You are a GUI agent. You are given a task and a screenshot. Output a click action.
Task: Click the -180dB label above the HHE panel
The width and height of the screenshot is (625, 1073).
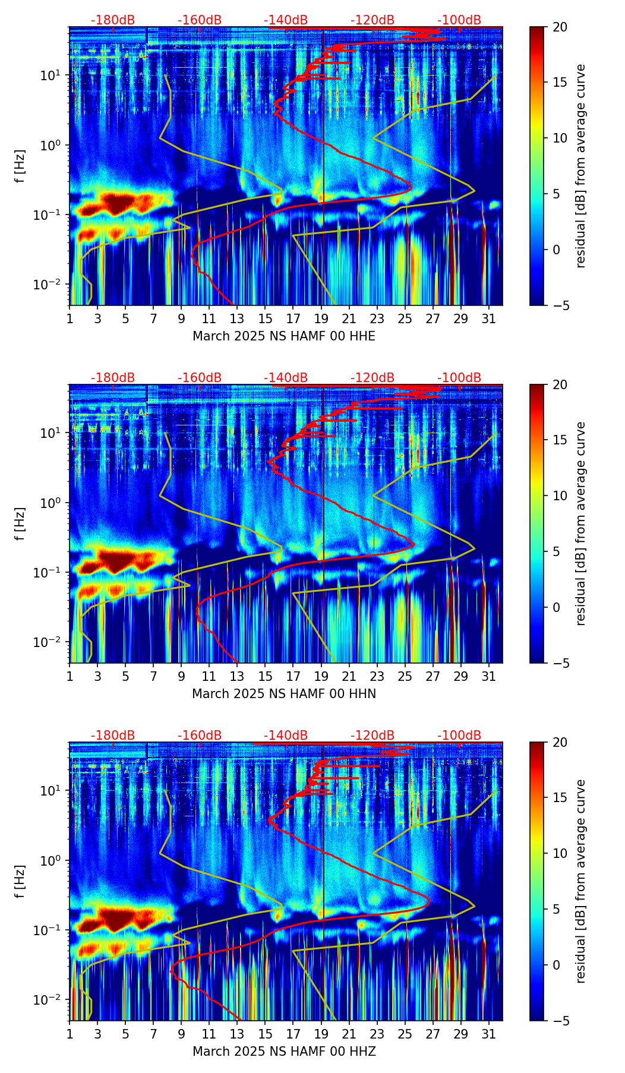(x=113, y=20)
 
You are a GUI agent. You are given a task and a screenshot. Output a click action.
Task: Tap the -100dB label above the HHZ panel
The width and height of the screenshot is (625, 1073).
(x=459, y=736)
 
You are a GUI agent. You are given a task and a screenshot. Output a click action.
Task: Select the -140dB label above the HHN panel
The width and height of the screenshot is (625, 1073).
(x=286, y=378)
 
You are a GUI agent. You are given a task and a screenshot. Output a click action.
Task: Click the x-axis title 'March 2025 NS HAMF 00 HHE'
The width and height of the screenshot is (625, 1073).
(x=284, y=336)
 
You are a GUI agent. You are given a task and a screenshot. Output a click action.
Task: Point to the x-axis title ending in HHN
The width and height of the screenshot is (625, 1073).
(x=284, y=694)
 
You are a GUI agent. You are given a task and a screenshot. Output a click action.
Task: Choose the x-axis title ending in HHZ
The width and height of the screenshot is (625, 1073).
(x=284, y=1052)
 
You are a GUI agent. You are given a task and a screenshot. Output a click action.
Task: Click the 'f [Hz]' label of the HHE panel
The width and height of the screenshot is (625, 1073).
(x=20, y=166)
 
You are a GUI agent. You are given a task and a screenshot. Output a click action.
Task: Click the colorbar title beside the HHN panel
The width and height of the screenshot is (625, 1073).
(x=581, y=523)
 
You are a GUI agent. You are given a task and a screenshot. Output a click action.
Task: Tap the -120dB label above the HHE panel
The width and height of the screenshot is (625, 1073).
(x=373, y=20)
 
